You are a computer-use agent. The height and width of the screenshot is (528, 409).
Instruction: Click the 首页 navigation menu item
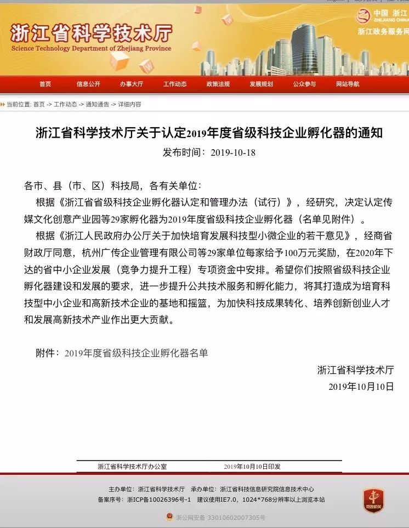click(45, 84)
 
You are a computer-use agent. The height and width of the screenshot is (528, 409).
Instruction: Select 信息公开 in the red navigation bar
click(88, 84)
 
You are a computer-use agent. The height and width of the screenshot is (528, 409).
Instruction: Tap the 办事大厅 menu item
click(132, 84)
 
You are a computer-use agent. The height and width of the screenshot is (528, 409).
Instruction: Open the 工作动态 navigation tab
click(175, 84)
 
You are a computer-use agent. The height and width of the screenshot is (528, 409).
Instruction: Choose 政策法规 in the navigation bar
click(218, 84)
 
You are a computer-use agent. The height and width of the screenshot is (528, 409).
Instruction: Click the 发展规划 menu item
click(261, 84)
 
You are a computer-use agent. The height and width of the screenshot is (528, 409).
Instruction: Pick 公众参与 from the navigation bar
click(304, 84)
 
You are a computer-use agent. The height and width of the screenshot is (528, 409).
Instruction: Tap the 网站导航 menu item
click(348, 84)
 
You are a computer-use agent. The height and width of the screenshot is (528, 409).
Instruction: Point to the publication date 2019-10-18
click(233, 152)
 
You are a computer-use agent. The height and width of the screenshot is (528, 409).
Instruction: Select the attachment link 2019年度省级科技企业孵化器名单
click(137, 353)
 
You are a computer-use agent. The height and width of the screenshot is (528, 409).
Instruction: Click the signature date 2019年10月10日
click(361, 386)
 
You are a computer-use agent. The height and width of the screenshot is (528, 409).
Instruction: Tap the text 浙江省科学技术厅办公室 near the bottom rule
click(132, 466)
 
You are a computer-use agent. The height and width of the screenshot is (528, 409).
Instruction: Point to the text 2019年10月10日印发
click(252, 466)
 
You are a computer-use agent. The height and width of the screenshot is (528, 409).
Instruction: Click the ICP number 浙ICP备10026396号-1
click(159, 499)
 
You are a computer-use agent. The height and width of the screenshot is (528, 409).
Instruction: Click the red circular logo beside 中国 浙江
click(363, 16)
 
